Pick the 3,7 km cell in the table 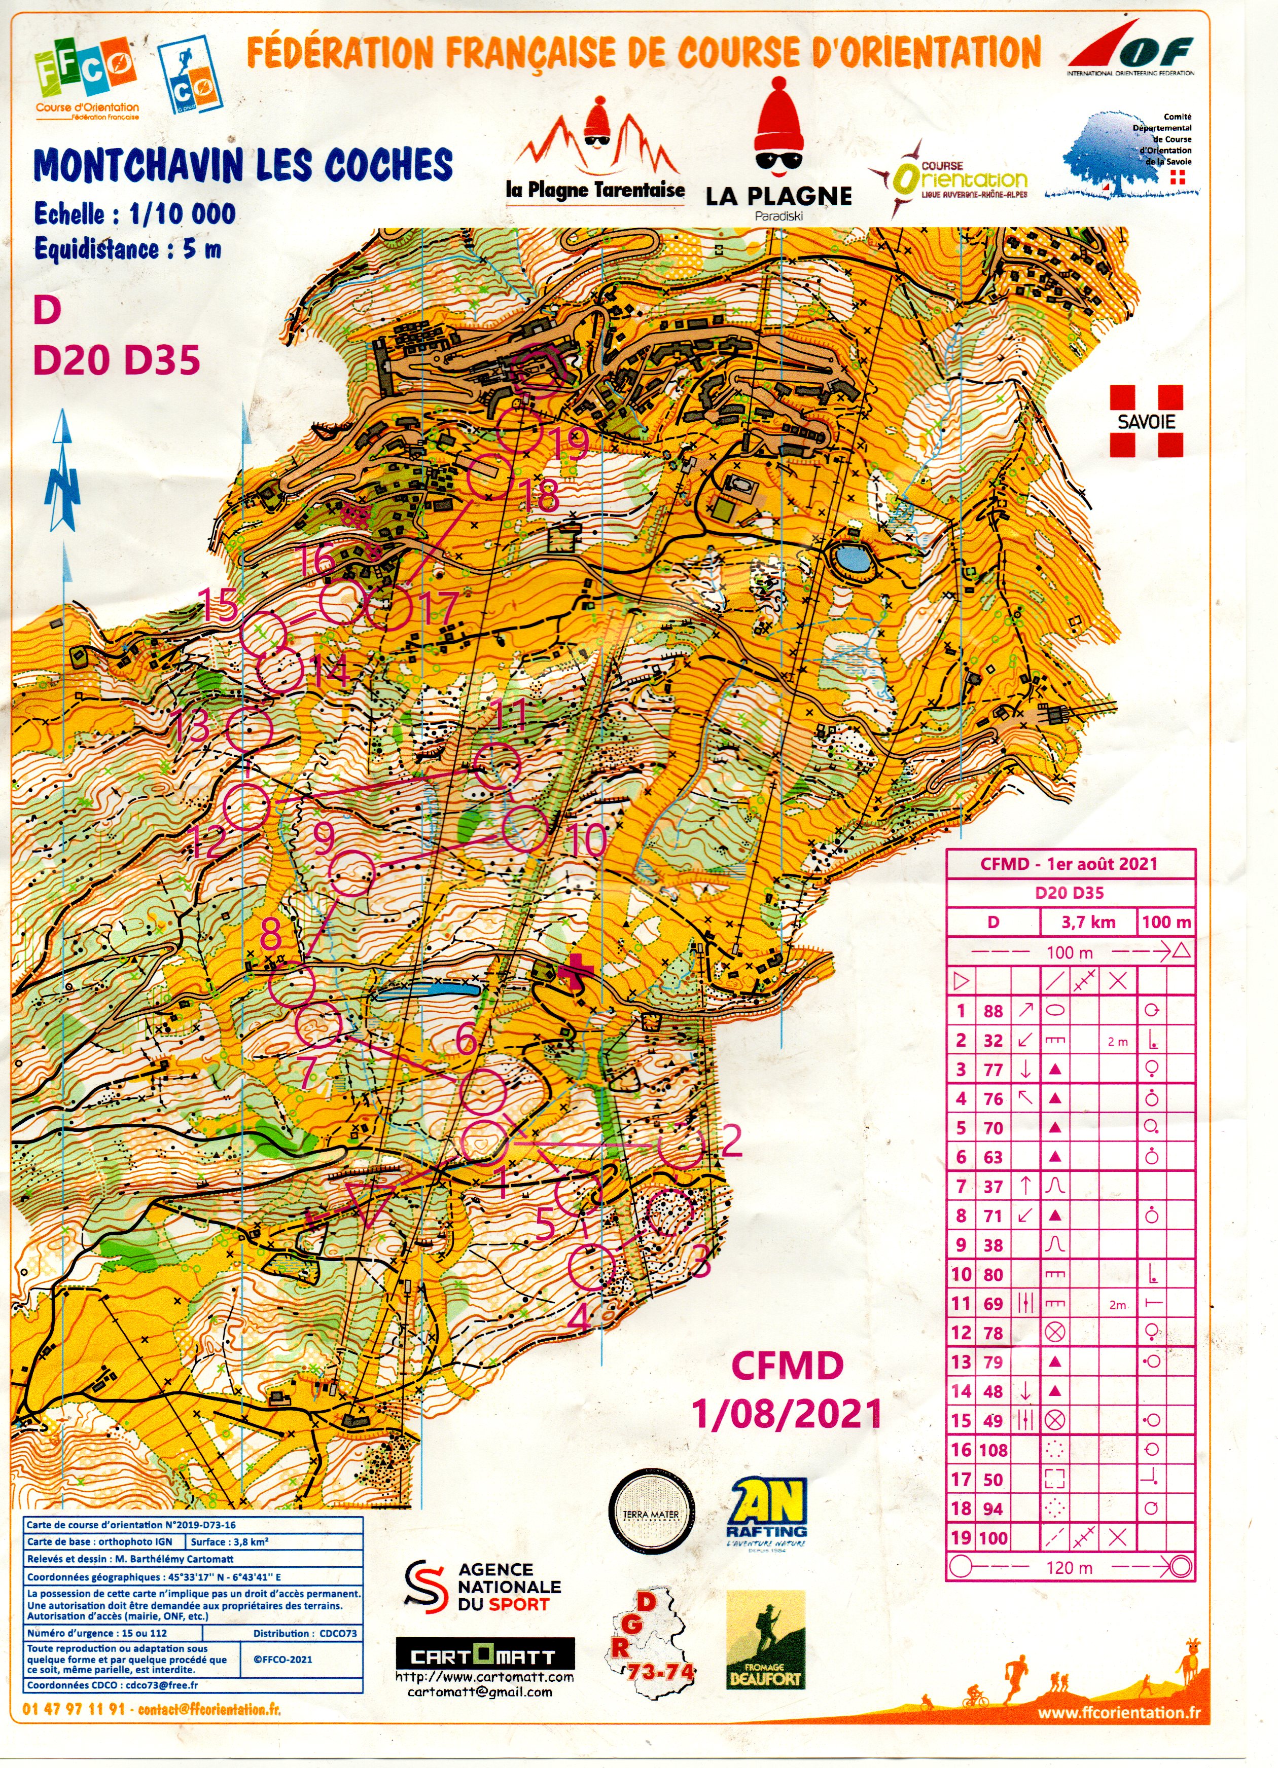pyautogui.click(x=1088, y=922)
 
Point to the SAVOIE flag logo pyautogui.click(x=1146, y=421)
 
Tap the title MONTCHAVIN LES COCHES pyautogui.click(x=242, y=165)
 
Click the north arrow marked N pyautogui.click(x=62, y=475)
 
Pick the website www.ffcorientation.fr pyautogui.click(x=1118, y=1734)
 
